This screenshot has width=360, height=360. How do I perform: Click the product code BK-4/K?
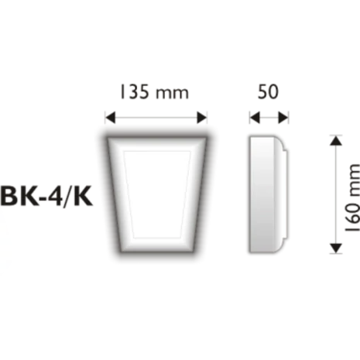pyautogui.click(x=47, y=197)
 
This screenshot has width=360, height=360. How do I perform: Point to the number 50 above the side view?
pyautogui.click(x=269, y=91)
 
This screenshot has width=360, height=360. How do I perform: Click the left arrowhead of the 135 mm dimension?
pyautogui.click(x=111, y=118)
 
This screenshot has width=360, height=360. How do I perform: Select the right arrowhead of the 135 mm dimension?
pyautogui.click(x=204, y=118)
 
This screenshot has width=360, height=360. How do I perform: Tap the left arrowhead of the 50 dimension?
pyautogui.click(x=252, y=118)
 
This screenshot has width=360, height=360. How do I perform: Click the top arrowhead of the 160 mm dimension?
pyautogui.click(x=334, y=140)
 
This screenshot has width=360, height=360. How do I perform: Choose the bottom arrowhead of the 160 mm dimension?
pyautogui.click(x=334, y=247)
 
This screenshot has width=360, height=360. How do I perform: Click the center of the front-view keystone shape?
pyautogui.click(x=158, y=194)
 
